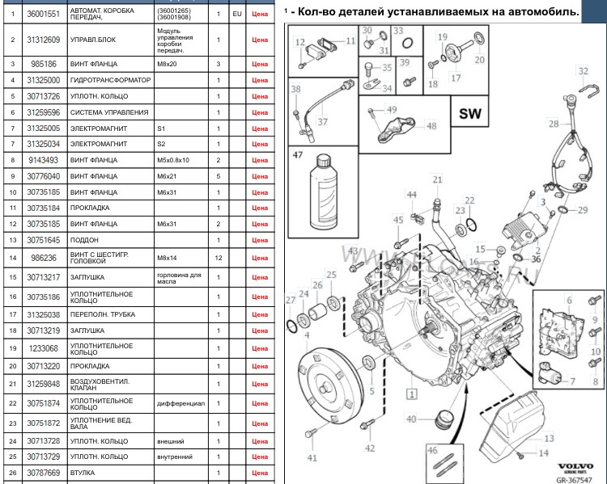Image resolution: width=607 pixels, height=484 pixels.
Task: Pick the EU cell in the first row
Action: click(x=236, y=15)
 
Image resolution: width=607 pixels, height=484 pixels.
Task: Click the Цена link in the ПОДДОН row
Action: click(x=260, y=241)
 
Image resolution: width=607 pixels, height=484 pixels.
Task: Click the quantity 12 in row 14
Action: click(x=219, y=257)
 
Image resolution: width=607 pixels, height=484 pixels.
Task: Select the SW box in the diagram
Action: click(x=469, y=114)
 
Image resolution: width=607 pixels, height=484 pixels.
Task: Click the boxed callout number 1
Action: click(x=411, y=395)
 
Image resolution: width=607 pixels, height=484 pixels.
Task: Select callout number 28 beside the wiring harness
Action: click(x=554, y=124)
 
